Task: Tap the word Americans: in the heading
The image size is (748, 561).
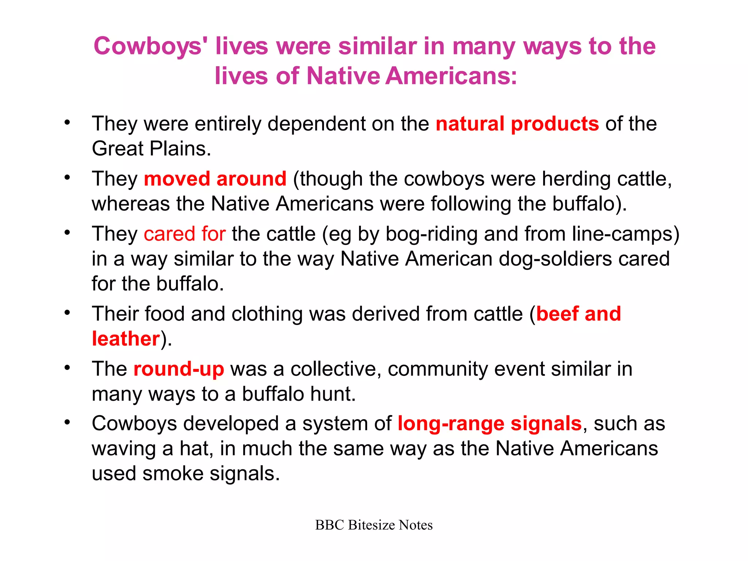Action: coord(451,76)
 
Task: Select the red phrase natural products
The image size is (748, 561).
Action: coord(517,124)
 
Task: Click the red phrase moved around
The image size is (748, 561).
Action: coord(215,179)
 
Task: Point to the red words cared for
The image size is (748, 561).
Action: coord(184,234)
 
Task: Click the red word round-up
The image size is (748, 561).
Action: coord(179,369)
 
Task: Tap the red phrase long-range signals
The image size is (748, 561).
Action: coord(489,424)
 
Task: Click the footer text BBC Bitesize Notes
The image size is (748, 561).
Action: coord(374,525)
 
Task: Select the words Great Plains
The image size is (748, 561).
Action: coord(151,149)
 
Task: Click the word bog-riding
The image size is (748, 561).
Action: coord(431,234)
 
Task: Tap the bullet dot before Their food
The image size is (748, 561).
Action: coord(67,313)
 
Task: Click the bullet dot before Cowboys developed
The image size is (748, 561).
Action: coord(67,423)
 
